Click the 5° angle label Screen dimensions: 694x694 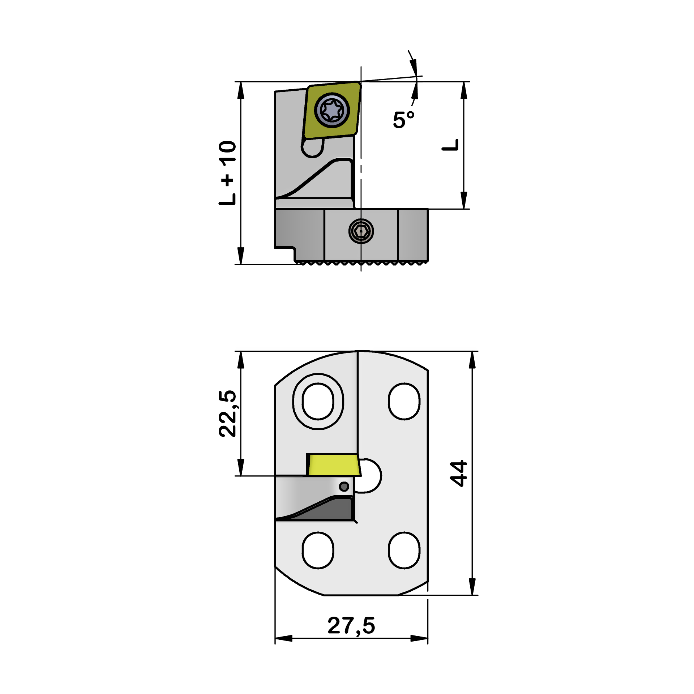pos(404,120)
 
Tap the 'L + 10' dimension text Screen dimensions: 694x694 pos(227,173)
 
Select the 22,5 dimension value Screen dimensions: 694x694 pos(227,414)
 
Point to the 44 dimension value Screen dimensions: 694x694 pos(458,474)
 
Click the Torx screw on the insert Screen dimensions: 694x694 pos(332,110)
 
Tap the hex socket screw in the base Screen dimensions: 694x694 pos(361,231)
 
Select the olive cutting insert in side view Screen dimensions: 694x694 pos(331,110)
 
